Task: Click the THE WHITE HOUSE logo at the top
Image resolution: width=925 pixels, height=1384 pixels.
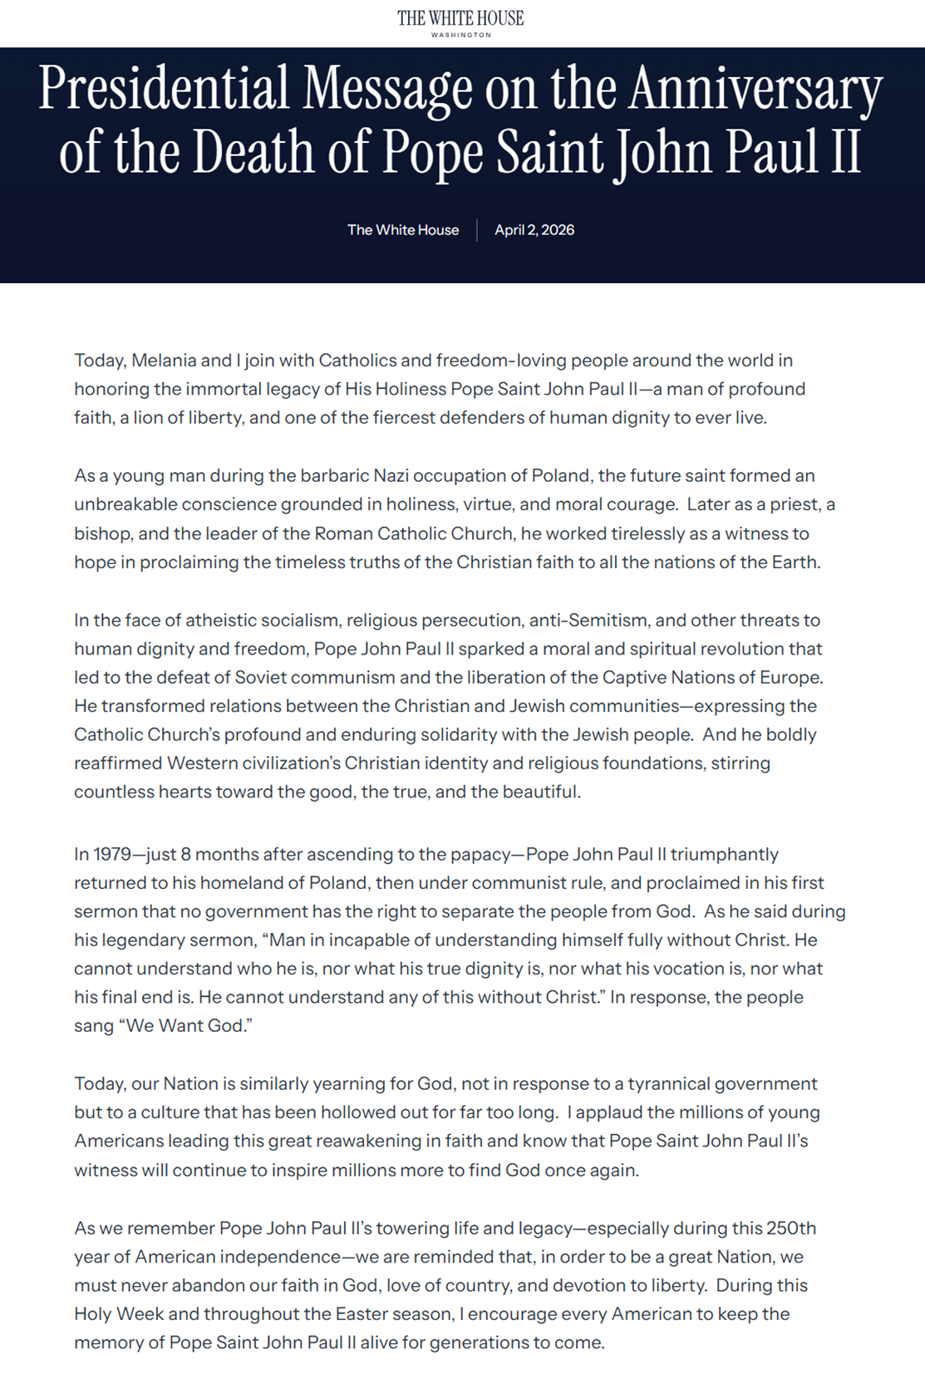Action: pos(460,17)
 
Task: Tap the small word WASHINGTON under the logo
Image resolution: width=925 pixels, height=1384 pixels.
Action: pos(461,35)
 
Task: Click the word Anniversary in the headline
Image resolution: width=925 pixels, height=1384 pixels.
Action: pos(755,89)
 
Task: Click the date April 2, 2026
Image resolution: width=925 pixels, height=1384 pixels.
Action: pos(534,230)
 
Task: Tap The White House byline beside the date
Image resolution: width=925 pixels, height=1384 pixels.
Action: pos(403,230)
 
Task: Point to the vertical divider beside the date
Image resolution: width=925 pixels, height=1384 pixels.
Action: pos(477,230)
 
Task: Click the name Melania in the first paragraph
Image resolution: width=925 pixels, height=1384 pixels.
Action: pos(164,361)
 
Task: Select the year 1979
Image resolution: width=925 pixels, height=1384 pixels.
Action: pos(111,855)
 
